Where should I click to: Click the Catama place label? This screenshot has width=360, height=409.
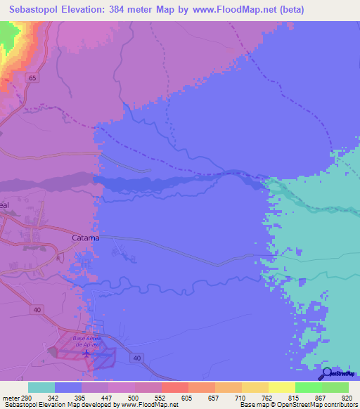[x=86, y=238]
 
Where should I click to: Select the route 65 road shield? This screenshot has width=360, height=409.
[x=32, y=79]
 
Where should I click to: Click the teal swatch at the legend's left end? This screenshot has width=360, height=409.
[x=41, y=387]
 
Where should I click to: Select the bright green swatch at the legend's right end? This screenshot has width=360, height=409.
[x=335, y=387]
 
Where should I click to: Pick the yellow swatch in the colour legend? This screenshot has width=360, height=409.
[x=282, y=387]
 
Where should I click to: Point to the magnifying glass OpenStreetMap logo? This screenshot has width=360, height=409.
[x=327, y=372]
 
